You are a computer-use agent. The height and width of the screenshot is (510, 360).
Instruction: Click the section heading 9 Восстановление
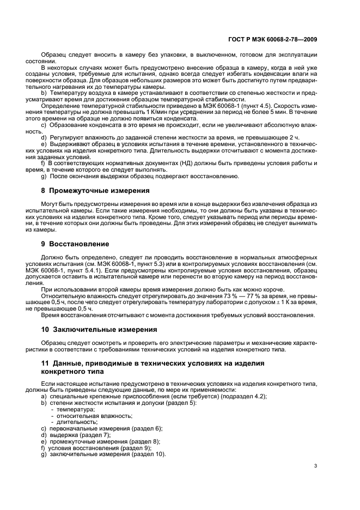tap(75, 244)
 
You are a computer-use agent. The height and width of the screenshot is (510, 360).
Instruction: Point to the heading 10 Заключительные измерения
tap(92, 330)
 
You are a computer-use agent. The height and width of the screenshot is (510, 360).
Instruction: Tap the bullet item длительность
tap(77, 422)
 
